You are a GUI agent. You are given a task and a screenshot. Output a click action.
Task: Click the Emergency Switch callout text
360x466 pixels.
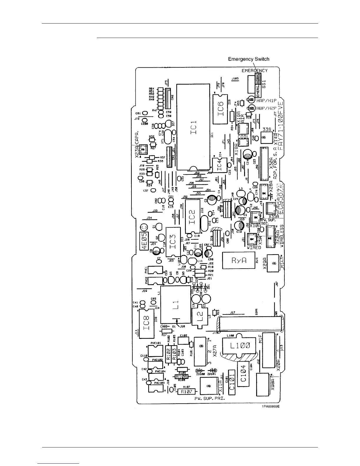(x=249, y=59)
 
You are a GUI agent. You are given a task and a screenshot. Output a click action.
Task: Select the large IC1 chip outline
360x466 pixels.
(x=193, y=127)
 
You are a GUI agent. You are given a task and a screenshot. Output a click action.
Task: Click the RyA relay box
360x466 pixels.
(x=239, y=260)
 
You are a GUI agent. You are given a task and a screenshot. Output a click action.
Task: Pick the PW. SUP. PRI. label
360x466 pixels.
(x=210, y=399)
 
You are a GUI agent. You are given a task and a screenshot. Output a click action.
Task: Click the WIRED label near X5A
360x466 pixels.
(x=254, y=248)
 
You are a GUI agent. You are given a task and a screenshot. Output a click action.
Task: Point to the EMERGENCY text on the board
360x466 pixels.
(x=255, y=71)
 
